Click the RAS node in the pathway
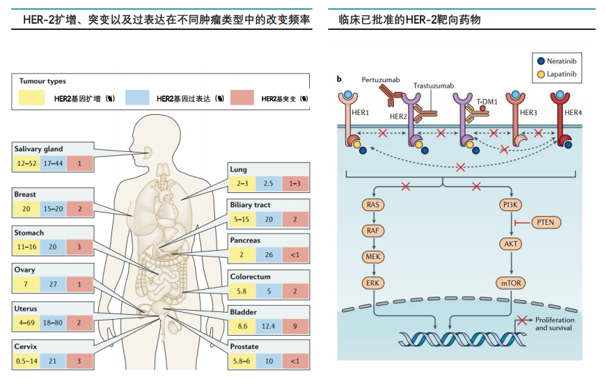click(375, 205)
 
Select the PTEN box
click(545, 222)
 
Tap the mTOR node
click(512, 284)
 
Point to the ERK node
click(375, 284)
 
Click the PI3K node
click(512, 205)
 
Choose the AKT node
click(512, 245)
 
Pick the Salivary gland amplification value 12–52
click(26, 163)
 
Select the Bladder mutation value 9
click(296, 326)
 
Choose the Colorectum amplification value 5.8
click(242, 290)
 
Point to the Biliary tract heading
click(251, 205)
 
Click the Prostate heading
click(244, 346)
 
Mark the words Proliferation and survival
click(555, 323)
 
